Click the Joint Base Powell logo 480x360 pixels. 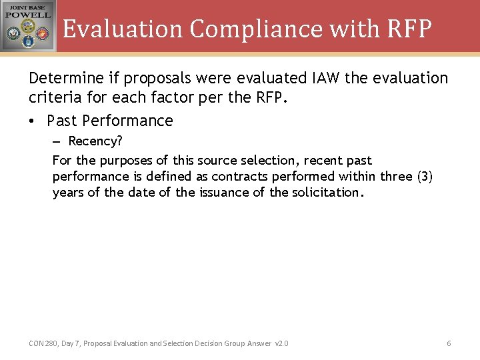tap(28, 25)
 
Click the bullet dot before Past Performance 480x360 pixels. tap(33, 121)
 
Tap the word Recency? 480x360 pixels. tap(95, 141)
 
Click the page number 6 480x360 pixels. tap(449, 343)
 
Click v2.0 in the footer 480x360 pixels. tap(281, 343)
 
